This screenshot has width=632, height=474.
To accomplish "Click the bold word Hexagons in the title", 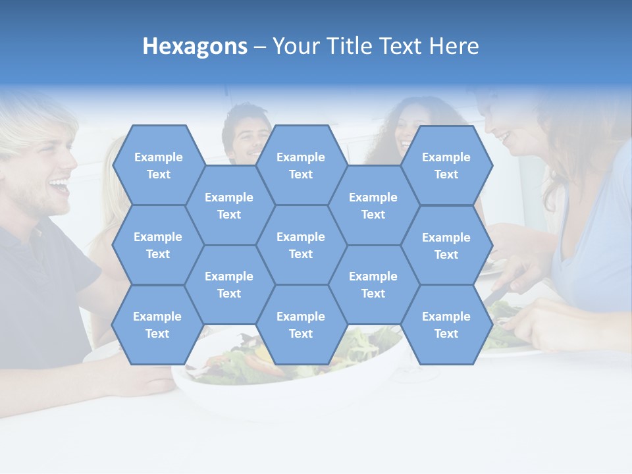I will coord(195,47).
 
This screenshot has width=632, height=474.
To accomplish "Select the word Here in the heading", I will coord(454,47).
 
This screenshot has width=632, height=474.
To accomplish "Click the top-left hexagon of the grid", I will coord(158,165).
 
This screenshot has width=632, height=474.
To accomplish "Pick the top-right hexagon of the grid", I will coord(446,165).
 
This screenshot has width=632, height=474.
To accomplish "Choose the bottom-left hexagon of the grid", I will coord(157,325).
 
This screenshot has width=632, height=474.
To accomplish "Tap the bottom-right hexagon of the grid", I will coord(446,325).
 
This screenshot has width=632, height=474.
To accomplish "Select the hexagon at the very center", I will coord(301,245).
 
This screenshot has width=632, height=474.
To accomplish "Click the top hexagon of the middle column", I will coord(301,165).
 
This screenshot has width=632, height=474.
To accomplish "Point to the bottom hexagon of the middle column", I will coord(301,325).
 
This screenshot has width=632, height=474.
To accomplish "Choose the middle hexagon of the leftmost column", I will coord(158,245).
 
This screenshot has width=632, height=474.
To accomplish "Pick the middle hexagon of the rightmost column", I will coord(446,246).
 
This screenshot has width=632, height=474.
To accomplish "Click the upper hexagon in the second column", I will coord(229,205).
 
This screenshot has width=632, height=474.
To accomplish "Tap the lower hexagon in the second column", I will coord(229,284).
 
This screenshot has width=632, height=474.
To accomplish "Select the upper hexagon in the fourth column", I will coord(373,205).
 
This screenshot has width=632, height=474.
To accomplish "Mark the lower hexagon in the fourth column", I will coord(373,284).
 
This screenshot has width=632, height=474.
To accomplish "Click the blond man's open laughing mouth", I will coord(59,188).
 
